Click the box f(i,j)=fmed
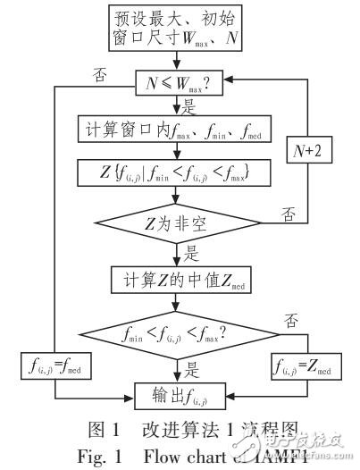pos(58,365)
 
